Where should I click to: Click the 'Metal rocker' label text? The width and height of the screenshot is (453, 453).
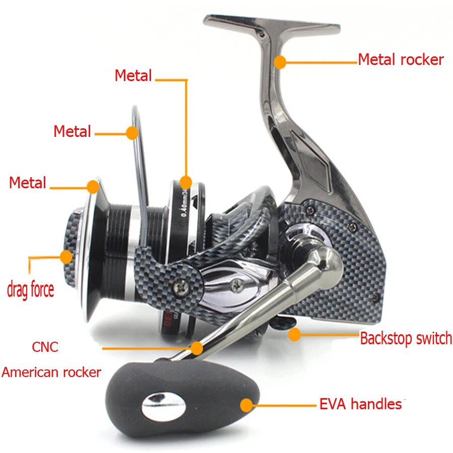point(401,60)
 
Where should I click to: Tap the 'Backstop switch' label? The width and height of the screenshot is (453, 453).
point(406,338)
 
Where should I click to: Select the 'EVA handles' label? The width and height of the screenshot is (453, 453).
point(360,404)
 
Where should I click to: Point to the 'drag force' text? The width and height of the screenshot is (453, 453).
point(30,289)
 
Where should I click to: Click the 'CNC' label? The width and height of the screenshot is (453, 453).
point(45,347)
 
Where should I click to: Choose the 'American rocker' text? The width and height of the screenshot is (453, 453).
point(51,372)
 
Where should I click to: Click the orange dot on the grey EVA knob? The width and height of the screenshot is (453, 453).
point(247,405)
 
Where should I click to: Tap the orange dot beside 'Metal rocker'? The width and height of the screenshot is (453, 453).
point(280,62)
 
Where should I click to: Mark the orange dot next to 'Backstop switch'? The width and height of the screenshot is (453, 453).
point(294,334)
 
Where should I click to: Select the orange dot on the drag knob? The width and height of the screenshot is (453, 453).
point(66,257)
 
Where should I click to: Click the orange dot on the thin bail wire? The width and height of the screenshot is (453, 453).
point(132,133)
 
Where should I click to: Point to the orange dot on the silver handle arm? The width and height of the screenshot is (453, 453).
point(197,347)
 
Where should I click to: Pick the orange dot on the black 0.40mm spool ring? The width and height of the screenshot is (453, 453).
point(186,182)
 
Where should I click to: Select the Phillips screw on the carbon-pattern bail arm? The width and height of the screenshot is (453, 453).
point(180,287)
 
